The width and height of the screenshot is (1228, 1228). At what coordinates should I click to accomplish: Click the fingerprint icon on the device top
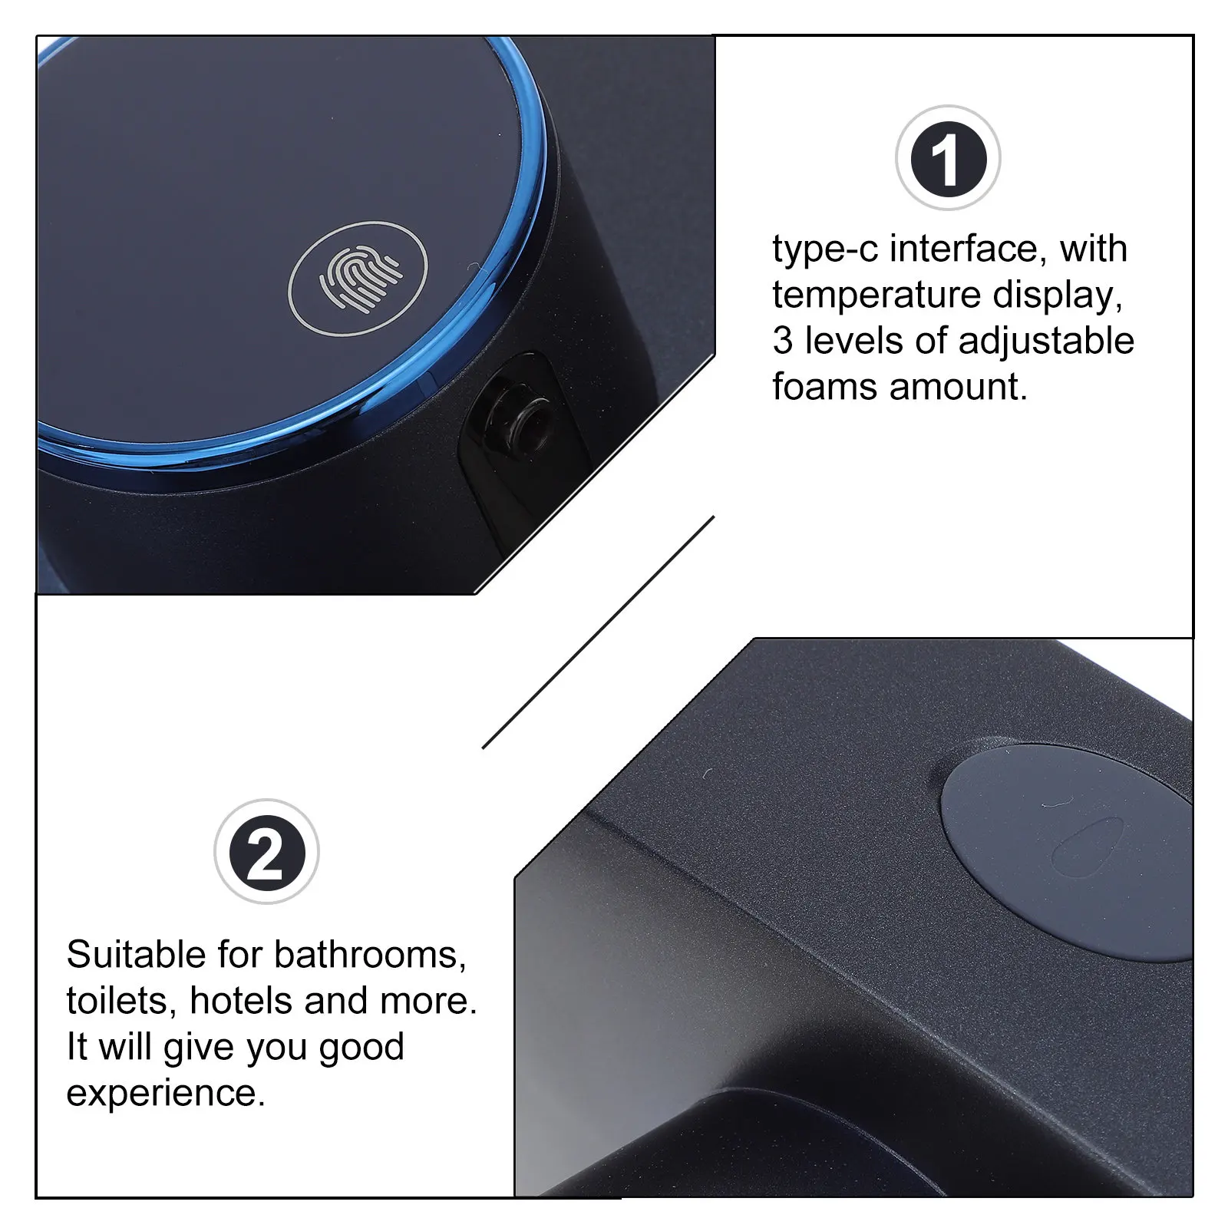[x=358, y=278]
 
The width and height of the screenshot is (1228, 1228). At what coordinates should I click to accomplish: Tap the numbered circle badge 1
[x=948, y=158]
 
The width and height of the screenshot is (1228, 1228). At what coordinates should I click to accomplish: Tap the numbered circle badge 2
[x=266, y=852]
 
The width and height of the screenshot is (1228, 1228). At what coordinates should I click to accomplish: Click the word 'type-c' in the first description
[x=825, y=250]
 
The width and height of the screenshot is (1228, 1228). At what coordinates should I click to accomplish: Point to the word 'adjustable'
[x=1046, y=341]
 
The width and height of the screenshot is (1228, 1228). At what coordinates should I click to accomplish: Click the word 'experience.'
[x=166, y=1093]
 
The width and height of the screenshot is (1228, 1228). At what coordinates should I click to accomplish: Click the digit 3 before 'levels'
[x=783, y=341]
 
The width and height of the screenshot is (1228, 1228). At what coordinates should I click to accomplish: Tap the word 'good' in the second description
[x=361, y=1048]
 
